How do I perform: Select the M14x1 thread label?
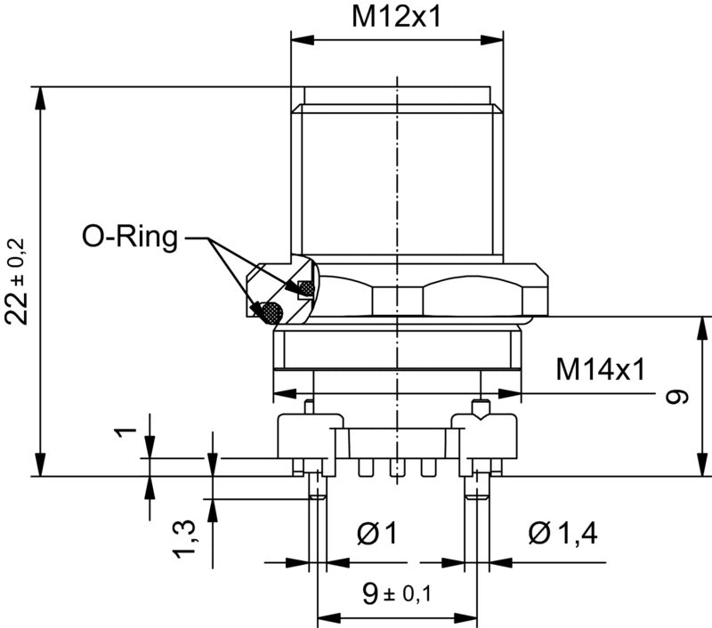click(600, 367)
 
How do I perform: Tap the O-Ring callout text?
click(130, 237)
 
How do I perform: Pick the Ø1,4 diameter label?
click(562, 533)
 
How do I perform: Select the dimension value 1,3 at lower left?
click(184, 540)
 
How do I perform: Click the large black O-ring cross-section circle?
click(269, 312)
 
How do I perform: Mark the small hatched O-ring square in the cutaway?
click(305, 287)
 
